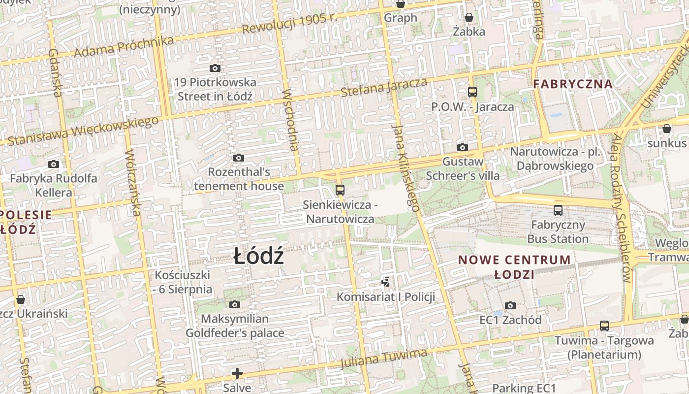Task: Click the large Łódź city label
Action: click(x=259, y=257)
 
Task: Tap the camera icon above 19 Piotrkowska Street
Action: click(x=215, y=68)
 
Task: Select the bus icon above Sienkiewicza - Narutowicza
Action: click(x=340, y=190)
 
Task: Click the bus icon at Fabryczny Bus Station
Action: click(x=558, y=210)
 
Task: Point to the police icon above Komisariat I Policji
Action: click(x=386, y=282)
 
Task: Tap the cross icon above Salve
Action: click(x=237, y=373)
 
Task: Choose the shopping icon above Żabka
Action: click(x=469, y=17)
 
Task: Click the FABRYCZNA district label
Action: click(x=573, y=84)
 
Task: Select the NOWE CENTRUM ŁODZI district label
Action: click(x=514, y=266)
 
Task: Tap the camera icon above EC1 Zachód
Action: click(x=510, y=305)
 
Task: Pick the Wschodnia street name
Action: click(x=291, y=120)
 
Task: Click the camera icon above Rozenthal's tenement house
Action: click(x=239, y=158)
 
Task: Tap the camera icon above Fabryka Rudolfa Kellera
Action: click(x=54, y=164)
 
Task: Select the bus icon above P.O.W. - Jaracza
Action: click(x=472, y=92)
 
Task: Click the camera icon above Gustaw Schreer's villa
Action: click(x=462, y=147)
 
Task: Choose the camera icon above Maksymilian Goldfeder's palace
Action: click(x=235, y=304)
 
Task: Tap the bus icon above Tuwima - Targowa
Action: click(x=604, y=326)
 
